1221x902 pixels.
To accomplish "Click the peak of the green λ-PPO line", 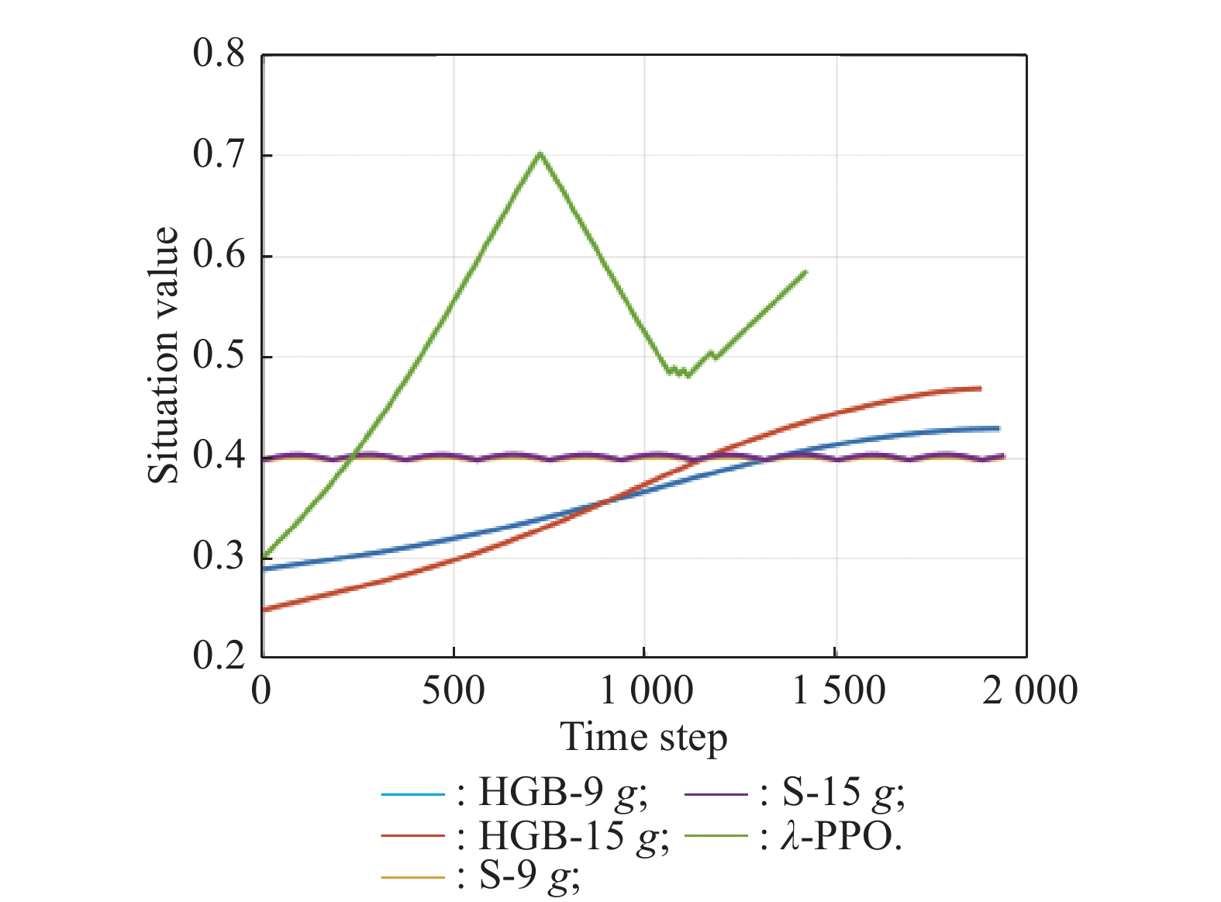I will (540, 153).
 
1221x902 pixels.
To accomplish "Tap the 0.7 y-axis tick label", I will (219, 155).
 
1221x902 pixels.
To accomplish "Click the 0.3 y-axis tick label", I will (219, 557).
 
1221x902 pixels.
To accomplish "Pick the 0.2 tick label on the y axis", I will (219, 656).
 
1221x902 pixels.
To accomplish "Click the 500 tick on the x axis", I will (454, 690).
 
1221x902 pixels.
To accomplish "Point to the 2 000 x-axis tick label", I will (1030, 690).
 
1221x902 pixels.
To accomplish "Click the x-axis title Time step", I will (643, 738).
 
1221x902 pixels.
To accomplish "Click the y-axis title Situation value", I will (164, 356).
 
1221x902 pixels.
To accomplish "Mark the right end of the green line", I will (806, 271).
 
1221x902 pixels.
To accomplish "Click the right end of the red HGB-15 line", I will (981, 388).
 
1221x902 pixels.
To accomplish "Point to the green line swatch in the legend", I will (716, 836).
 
